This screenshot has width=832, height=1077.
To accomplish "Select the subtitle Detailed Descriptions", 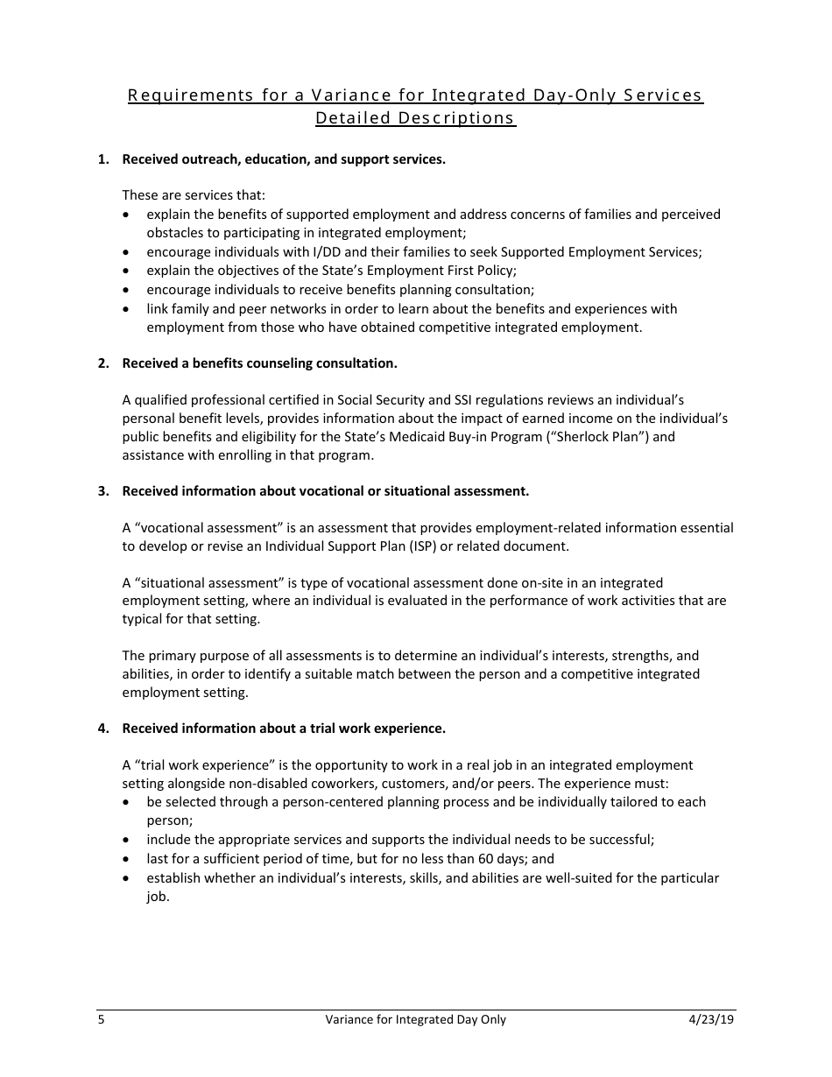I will point(415,118).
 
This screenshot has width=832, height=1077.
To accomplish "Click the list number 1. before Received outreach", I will point(103,159).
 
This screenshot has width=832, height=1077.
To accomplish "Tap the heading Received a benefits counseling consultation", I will point(259,363).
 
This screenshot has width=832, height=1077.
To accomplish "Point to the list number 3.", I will point(103,491).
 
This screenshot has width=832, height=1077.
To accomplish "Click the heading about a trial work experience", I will point(284,729).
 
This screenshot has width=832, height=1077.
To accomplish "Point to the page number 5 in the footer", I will point(101,1019).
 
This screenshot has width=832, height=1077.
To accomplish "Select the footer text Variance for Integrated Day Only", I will point(415,1019).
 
